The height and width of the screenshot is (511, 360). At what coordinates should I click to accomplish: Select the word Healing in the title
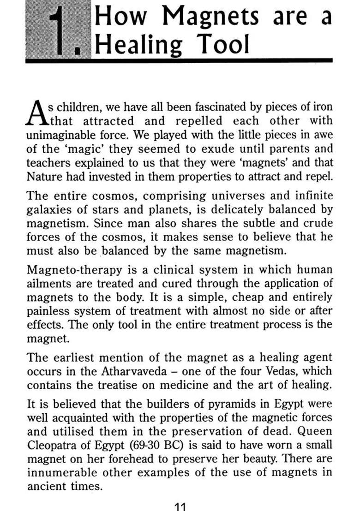coord(136,46)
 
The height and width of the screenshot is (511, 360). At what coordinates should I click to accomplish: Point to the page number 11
coord(179,506)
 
